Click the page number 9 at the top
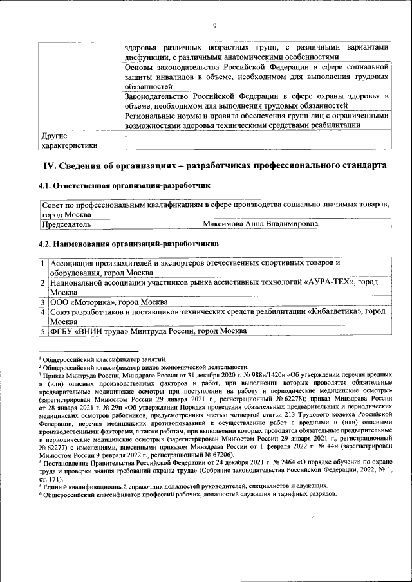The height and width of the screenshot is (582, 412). click(x=215, y=26)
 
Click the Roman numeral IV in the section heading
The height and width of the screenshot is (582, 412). click(x=49, y=166)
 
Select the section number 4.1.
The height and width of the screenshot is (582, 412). click(x=45, y=186)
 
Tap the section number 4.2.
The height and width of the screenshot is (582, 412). click(x=45, y=244)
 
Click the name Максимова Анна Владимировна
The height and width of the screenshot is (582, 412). click(x=260, y=224)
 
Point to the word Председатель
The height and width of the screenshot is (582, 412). click(x=66, y=224)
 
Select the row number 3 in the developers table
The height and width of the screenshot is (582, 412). click(x=42, y=302)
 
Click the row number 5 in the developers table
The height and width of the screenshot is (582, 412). click(x=42, y=331)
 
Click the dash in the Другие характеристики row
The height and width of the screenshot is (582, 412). click(x=126, y=136)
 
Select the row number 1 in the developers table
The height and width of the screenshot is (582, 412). click(x=42, y=263)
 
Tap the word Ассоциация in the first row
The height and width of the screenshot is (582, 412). click(x=75, y=263)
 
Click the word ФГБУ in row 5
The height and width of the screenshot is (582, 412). click(x=62, y=331)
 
